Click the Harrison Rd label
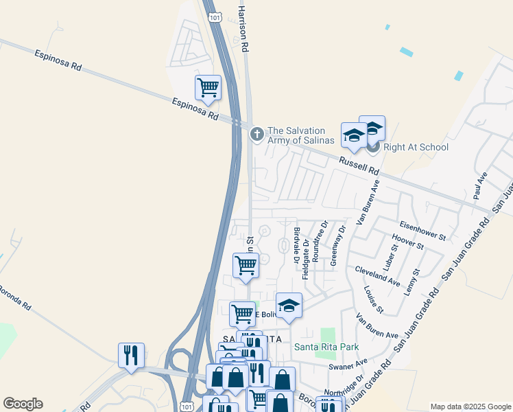click(x=242, y=27)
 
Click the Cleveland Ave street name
click(x=377, y=277)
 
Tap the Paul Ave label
click(x=479, y=186)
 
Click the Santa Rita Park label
click(x=326, y=347)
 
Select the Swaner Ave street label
click(x=348, y=364)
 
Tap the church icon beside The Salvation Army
click(x=257, y=133)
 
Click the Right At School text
click(x=416, y=147)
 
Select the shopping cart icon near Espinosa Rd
click(x=208, y=88)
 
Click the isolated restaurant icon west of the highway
click(x=131, y=356)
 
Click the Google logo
click(x=23, y=404)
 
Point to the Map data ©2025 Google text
click(x=470, y=407)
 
